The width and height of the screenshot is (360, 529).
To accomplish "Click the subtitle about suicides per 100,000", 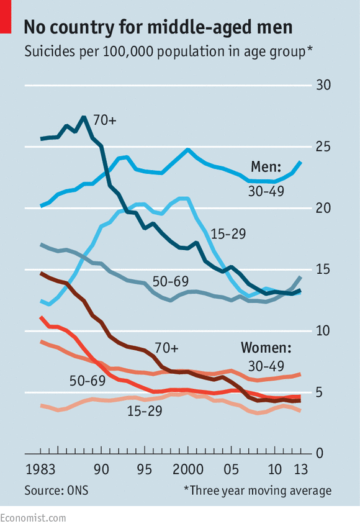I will pos(168,52).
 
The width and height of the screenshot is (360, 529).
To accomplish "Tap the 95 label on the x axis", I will pos(144,469).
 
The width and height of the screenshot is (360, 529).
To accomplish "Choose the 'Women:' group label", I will pos(266,346).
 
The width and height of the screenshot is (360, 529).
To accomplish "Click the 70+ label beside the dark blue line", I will pos(104,119).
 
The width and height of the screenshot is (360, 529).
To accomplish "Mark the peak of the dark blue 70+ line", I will pos(84,117).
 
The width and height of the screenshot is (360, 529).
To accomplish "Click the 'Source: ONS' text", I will pos(56,491).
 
